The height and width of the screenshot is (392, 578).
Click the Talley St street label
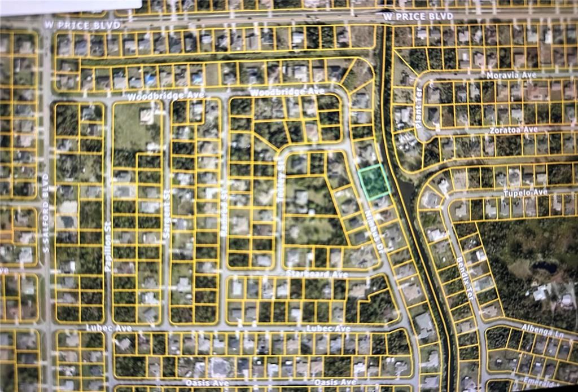[280, 170]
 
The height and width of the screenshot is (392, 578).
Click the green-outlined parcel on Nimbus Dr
[374, 181]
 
